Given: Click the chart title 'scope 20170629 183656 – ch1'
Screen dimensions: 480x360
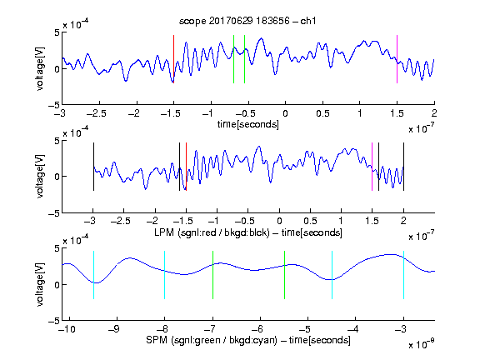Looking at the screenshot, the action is [x=247, y=21].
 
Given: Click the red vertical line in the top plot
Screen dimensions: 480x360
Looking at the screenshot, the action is [x=173, y=59].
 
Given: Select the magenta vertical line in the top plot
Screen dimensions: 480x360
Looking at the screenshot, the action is [x=397, y=59].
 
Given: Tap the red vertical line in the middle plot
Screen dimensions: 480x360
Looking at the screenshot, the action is [x=186, y=167].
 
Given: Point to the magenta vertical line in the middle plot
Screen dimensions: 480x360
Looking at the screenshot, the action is [x=372, y=167].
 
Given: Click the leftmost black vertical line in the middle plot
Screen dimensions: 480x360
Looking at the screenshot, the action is [x=93, y=167].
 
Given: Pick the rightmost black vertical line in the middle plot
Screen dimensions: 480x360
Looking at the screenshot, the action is [x=403, y=167].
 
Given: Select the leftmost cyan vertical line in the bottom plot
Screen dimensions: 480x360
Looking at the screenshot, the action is [x=93, y=275].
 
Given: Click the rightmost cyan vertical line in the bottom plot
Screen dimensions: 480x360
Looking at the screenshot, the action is [x=403, y=275].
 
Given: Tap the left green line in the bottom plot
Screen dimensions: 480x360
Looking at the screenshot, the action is [x=212, y=275].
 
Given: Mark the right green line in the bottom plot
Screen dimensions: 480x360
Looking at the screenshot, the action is [x=284, y=275].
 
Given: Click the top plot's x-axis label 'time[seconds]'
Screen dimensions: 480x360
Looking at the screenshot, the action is [x=248, y=124].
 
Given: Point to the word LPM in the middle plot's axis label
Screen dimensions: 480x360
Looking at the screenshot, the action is [x=164, y=232].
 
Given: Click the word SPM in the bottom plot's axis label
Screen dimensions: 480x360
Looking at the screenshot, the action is [x=156, y=340].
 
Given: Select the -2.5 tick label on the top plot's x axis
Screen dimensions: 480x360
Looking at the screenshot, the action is [x=96, y=113].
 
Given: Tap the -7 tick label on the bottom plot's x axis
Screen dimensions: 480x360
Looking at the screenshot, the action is [x=209, y=329].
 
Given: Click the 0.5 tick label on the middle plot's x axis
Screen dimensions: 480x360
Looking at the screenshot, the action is [x=310, y=221].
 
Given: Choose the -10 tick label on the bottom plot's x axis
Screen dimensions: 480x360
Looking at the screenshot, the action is [x=67, y=329].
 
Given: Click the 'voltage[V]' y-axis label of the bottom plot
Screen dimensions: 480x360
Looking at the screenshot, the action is [x=40, y=284].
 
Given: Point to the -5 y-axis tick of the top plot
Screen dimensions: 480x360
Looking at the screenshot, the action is [x=54, y=105].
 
